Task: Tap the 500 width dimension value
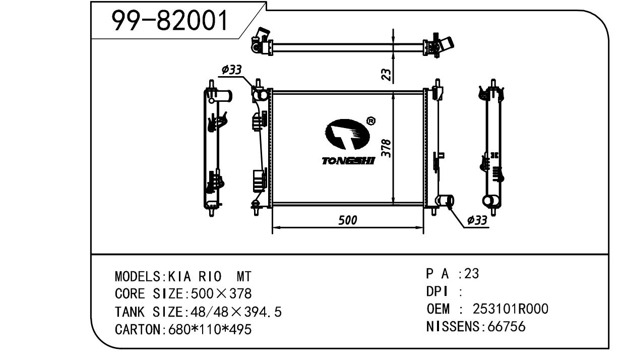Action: [347, 220]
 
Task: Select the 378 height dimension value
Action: [386, 148]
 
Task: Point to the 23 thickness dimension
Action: [386, 75]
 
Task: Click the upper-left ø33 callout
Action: [231, 70]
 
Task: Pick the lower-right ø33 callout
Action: [477, 220]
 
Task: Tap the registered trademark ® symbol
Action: [370, 121]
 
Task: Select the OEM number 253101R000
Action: [510, 309]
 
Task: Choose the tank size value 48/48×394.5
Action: [234, 312]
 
